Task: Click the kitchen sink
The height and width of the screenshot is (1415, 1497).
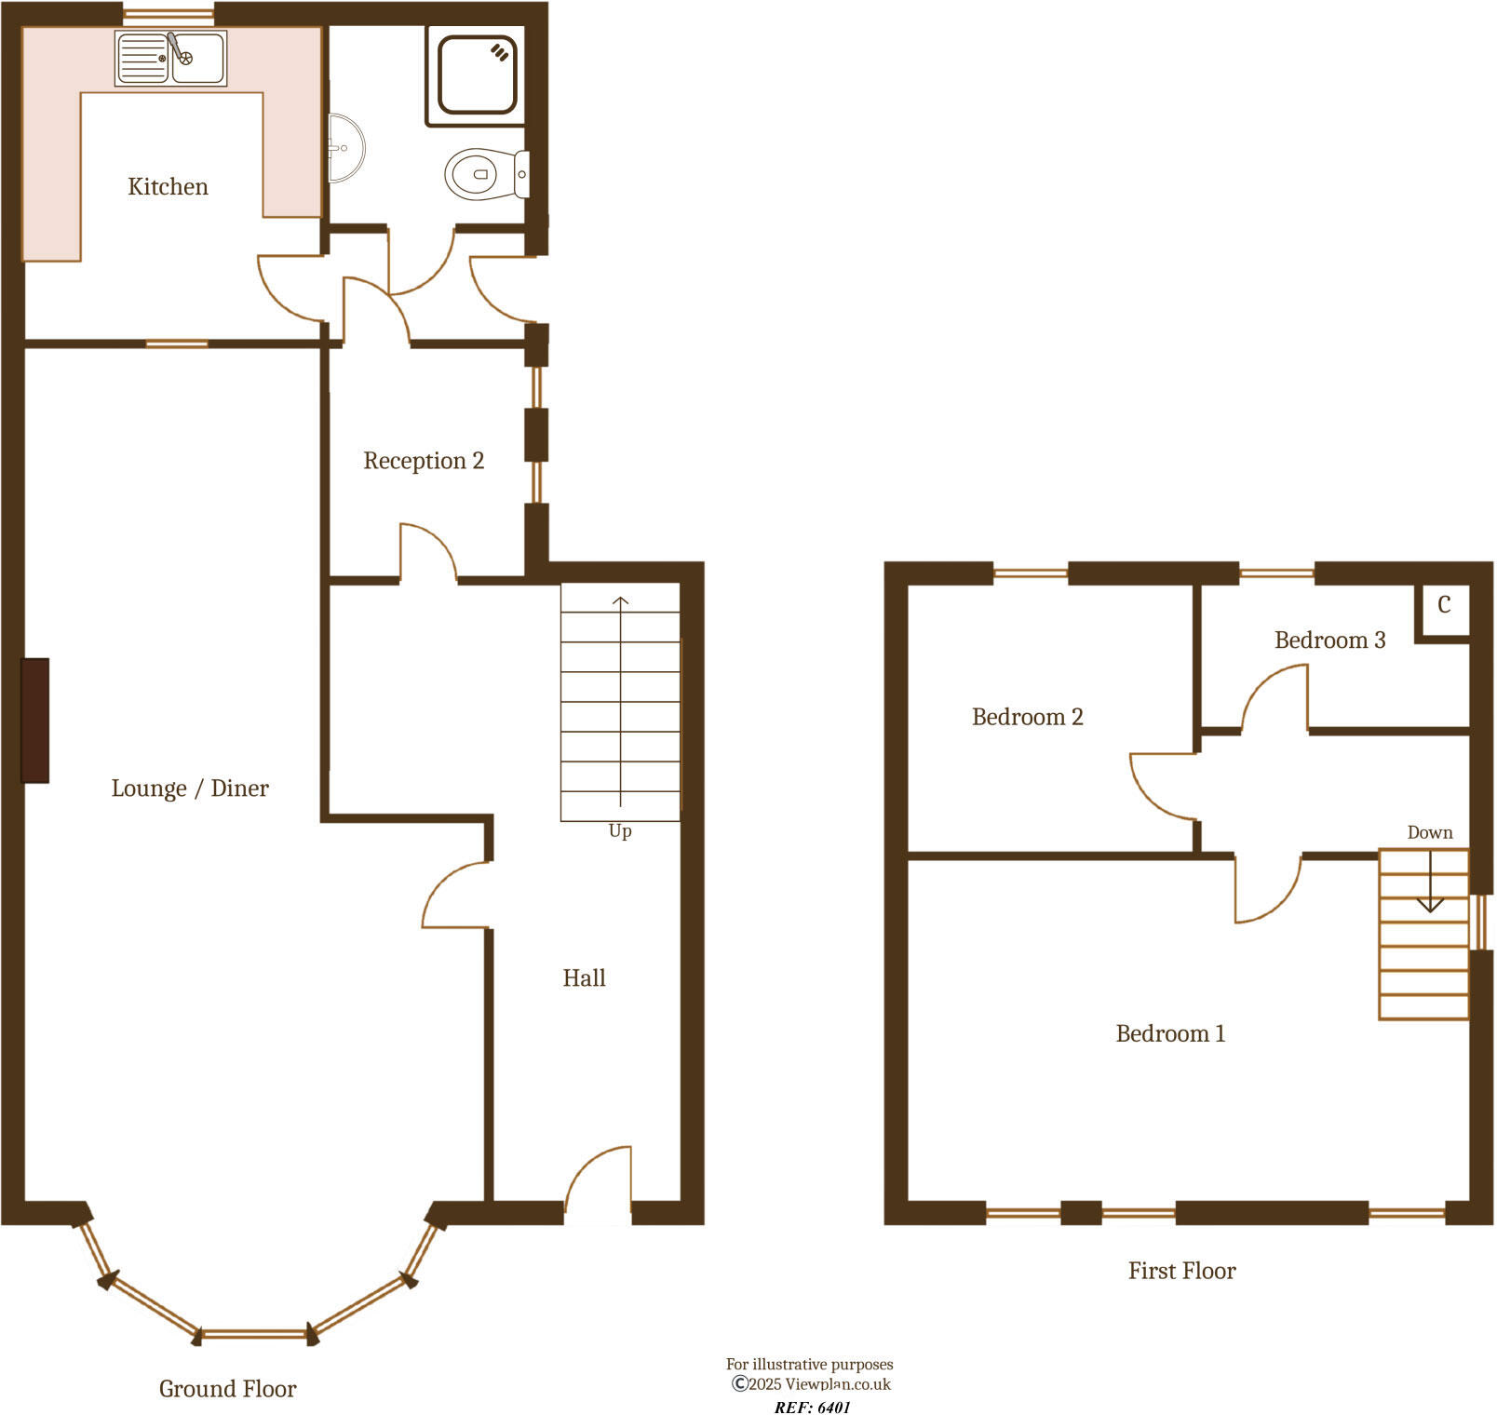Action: point(171,58)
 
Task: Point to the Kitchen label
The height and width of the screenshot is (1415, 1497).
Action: point(168,186)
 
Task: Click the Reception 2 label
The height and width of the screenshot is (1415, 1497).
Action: point(424,461)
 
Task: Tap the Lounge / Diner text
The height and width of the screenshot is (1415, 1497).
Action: point(190,788)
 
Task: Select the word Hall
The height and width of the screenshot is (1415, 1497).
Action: point(584,978)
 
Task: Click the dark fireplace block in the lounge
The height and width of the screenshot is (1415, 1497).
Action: point(35,720)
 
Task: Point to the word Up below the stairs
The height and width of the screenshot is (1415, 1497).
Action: point(620,830)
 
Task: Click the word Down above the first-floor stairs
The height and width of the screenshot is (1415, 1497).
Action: point(1429,832)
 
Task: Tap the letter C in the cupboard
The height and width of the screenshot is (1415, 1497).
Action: point(1444,605)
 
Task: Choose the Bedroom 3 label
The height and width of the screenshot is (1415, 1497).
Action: point(1329,640)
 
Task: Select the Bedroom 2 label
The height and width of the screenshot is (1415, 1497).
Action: point(1027,717)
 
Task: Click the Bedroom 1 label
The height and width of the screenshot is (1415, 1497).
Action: point(1170,1033)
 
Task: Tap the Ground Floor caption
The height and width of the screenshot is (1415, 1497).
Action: point(227,1389)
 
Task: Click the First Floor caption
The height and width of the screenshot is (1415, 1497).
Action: point(1181,1271)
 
